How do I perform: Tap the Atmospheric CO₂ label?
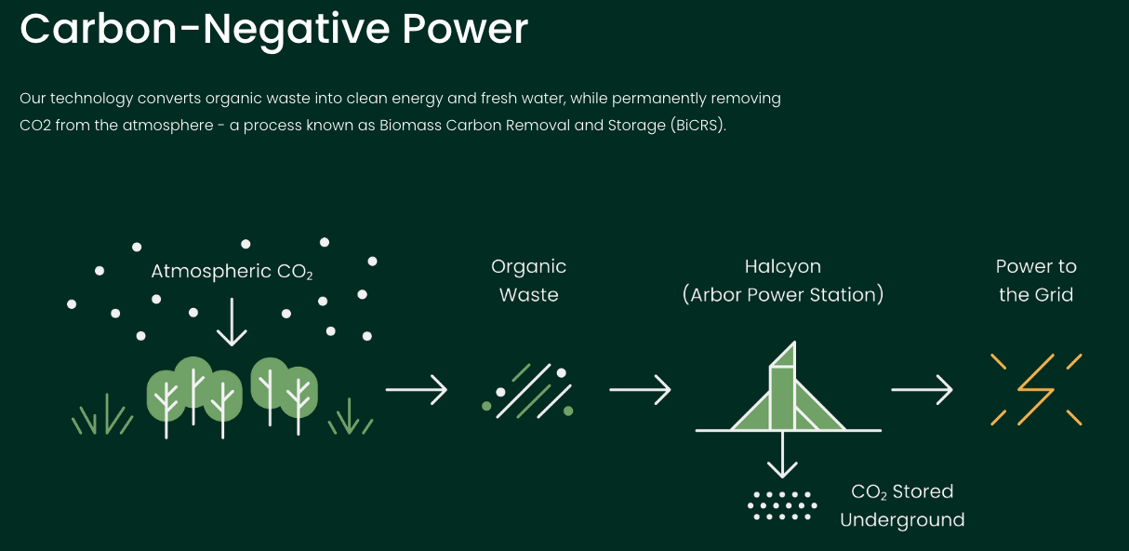pos(232,272)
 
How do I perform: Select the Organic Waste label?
pos(529,280)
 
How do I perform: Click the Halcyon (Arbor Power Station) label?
pos(783,280)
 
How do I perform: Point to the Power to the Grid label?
pos(1036,280)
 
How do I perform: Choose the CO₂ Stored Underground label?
pos(902,505)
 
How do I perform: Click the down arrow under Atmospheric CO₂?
pos(232,322)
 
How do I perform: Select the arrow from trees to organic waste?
pos(417,390)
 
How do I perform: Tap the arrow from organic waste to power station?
pos(640,390)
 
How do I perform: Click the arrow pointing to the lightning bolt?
pos(922,390)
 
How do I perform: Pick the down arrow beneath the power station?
pos(782,454)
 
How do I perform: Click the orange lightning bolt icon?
pos(1036,390)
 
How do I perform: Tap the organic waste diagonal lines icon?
pos(527,391)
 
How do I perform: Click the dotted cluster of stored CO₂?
pos(782,505)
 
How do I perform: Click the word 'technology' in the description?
pos(91,99)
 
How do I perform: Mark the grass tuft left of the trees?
pos(102,415)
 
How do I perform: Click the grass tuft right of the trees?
pos(351,417)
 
